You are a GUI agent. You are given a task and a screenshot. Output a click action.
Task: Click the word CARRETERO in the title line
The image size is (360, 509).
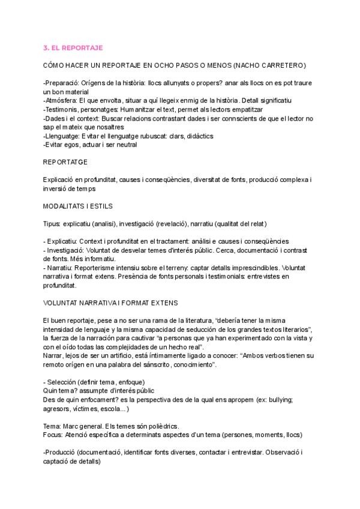(x=284, y=64)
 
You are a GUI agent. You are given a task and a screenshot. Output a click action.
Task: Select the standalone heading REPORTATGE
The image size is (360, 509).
(x=66, y=162)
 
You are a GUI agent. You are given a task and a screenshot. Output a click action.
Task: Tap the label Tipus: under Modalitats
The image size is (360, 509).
(x=53, y=223)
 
